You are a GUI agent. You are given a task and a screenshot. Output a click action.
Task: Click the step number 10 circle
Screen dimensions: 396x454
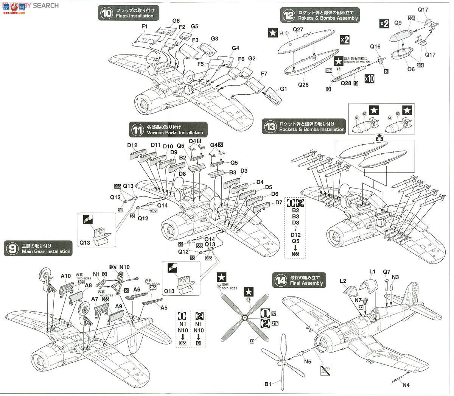pyautogui.click(x=107, y=13)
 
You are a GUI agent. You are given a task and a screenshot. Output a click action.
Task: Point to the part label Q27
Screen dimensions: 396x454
pyautogui.click(x=299, y=29)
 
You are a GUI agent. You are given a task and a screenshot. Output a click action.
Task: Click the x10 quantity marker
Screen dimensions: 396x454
pyautogui.click(x=370, y=78)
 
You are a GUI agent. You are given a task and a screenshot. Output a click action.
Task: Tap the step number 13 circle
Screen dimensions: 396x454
pyautogui.click(x=270, y=126)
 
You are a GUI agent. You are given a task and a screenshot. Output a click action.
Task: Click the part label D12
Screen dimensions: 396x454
pyautogui.click(x=132, y=145)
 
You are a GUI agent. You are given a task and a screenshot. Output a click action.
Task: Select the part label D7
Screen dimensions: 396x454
pyautogui.click(x=279, y=202)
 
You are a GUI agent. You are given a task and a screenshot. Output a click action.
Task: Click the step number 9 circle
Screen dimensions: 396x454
pyautogui.click(x=12, y=248)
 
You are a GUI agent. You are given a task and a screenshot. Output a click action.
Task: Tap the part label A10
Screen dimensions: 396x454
pyautogui.click(x=66, y=276)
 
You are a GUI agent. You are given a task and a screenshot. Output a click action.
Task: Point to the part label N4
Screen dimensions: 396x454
pyautogui.click(x=406, y=385)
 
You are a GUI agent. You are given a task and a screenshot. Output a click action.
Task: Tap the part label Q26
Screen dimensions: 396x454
pyautogui.click(x=303, y=85)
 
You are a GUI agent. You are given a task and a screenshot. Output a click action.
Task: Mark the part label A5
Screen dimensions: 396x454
pyautogui.click(x=163, y=308)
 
